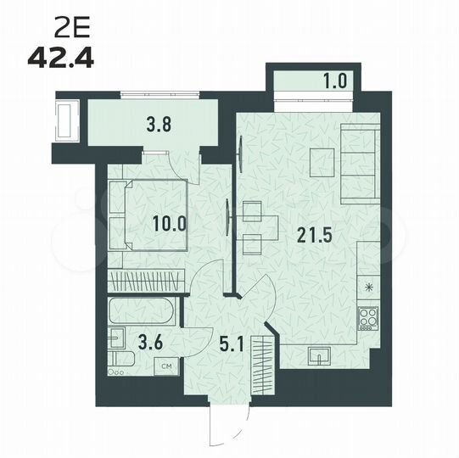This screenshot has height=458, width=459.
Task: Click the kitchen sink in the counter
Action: (x=321, y=355)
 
